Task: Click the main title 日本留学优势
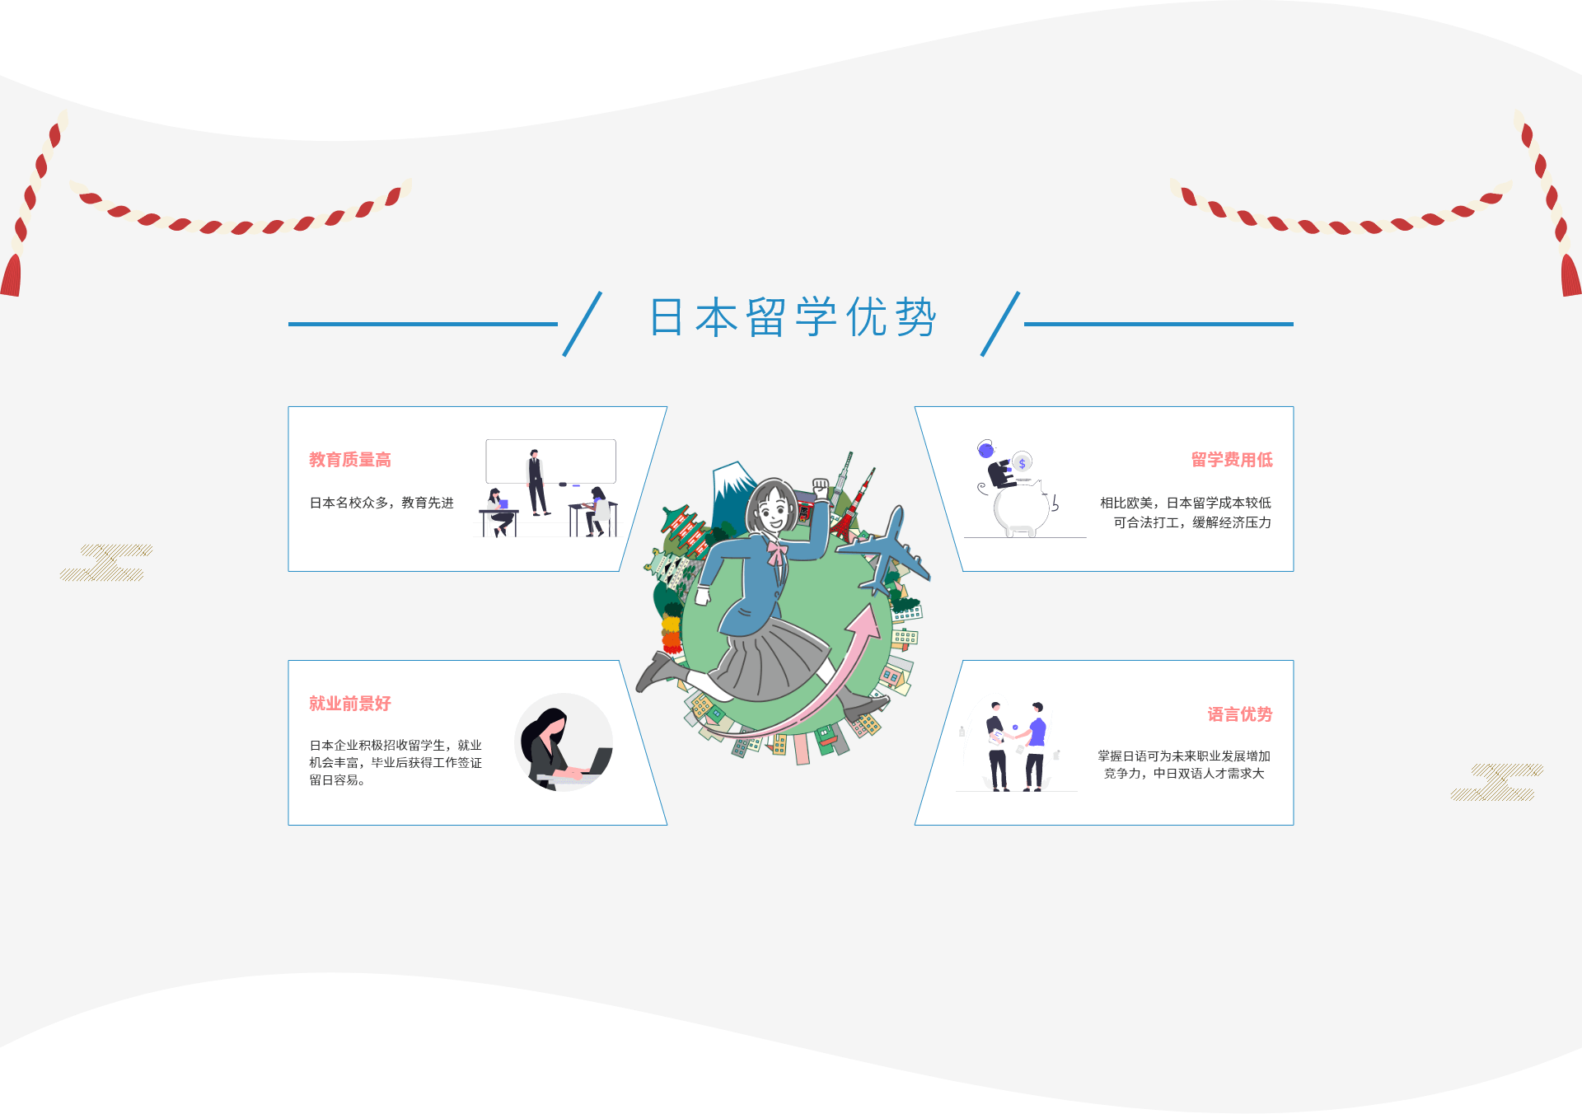[793, 318]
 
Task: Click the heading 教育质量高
[350, 460]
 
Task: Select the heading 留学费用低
[1232, 460]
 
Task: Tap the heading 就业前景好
[350, 704]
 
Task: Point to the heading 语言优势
[1239, 714]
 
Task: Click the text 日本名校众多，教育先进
[381, 503]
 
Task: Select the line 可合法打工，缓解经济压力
[1192, 522]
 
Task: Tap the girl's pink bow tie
[777, 550]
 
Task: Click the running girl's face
[771, 511]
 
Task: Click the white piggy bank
[1022, 509]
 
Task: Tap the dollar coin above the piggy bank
[1023, 463]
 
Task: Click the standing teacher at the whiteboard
[536, 482]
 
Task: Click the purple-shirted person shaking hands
[1036, 746]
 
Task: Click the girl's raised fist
[821, 488]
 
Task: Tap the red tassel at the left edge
[11, 276]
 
